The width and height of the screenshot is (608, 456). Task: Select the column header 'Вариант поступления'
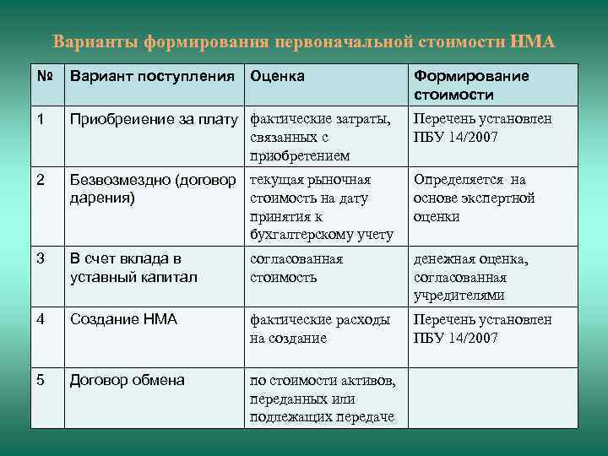[152, 77]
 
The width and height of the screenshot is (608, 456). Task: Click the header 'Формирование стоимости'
[471, 85]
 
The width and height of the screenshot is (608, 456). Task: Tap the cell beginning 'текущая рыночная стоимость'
[322, 207]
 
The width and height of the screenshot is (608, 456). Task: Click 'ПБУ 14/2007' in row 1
[456, 138]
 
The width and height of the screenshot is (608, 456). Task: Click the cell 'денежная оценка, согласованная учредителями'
[482, 277]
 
